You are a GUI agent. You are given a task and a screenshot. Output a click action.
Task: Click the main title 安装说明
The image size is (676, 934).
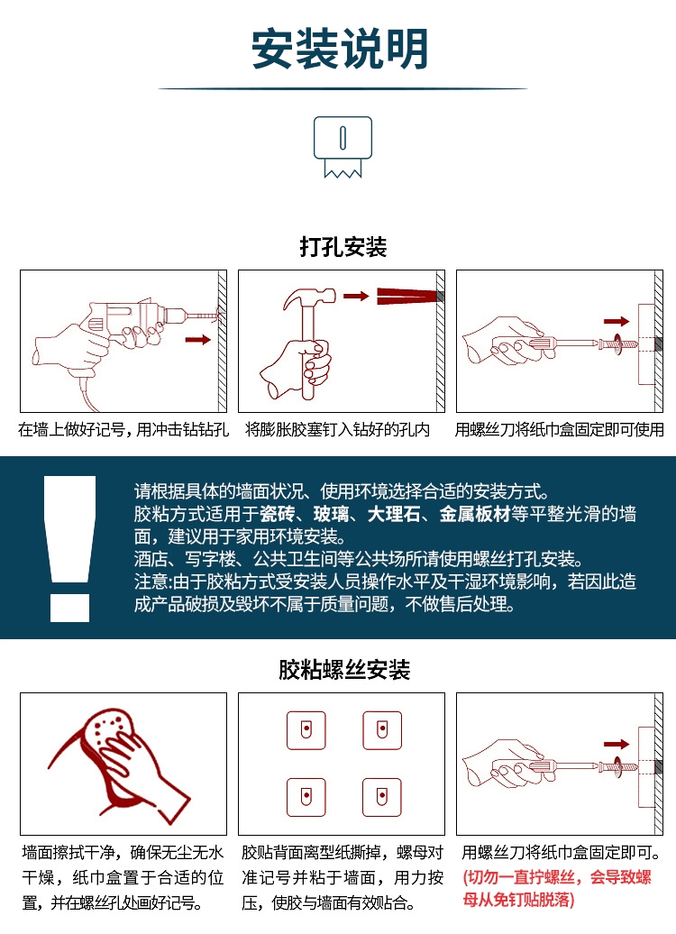click(340, 49)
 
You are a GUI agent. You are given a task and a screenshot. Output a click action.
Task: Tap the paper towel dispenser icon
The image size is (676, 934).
click(343, 147)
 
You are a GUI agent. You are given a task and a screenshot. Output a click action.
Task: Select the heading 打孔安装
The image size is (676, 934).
click(343, 247)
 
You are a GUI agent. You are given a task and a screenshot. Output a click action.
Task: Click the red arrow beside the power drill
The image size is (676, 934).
click(198, 340)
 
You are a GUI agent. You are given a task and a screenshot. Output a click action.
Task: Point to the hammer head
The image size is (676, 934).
click(309, 298)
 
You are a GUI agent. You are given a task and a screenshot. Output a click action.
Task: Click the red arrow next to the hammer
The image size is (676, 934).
click(356, 296)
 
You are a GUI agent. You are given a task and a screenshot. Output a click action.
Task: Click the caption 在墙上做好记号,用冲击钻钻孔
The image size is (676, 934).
click(123, 429)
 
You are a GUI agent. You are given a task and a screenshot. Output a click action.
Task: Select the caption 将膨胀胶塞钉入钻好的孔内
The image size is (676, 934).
click(338, 429)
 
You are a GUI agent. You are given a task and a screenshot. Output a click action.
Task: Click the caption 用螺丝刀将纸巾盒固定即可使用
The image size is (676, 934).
click(559, 429)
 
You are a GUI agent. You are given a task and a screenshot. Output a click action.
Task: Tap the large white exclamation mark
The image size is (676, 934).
click(69, 549)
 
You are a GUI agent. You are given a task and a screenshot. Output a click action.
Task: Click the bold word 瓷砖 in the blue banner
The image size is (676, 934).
click(278, 514)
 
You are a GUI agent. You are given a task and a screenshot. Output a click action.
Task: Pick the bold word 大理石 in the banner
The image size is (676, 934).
click(394, 514)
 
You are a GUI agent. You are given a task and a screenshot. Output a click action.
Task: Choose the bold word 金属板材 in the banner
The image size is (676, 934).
click(475, 514)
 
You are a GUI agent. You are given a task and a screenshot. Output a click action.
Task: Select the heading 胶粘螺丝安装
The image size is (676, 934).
click(344, 670)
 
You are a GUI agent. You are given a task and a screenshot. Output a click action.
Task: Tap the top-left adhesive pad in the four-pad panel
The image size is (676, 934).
click(306, 730)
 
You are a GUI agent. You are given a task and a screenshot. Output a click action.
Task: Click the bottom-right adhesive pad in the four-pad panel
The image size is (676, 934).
click(382, 797)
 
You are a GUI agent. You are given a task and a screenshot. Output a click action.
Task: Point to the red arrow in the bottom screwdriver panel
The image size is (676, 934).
click(617, 744)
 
